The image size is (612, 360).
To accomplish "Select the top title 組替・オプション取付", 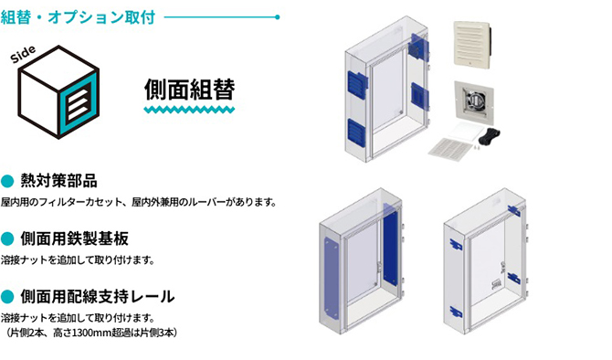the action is (x=78, y=15).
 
